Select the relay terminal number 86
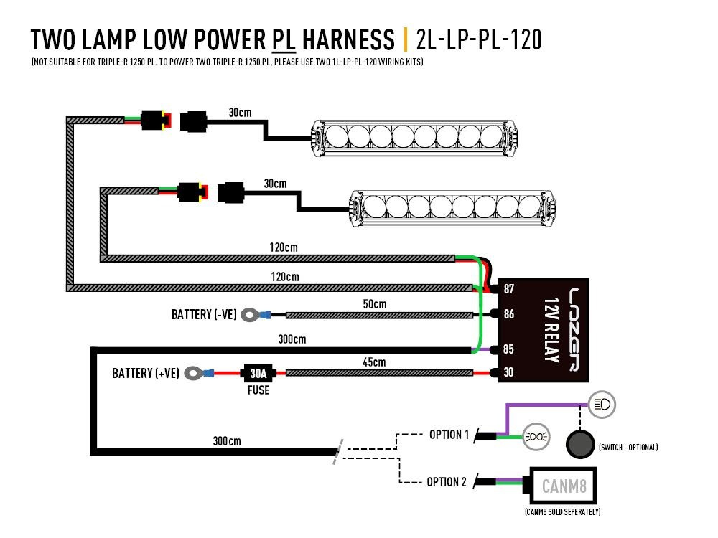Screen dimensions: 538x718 coord(509,314)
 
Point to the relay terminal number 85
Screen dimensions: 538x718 coord(509,350)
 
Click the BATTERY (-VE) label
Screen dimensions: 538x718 coord(204,314)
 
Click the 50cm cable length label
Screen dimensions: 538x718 coord(374,304)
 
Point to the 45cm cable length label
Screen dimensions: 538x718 coord(374,362)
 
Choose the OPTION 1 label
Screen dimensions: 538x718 coord(449,435)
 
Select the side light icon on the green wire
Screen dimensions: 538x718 coord(533,435)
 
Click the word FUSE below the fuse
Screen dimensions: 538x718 coord(258,390)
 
